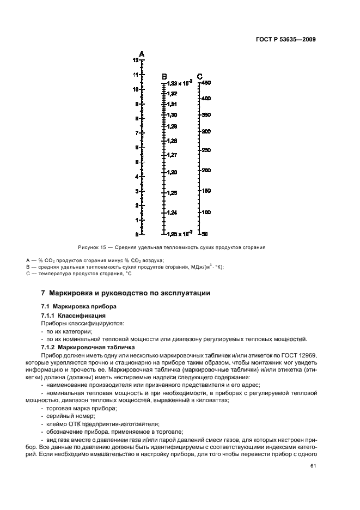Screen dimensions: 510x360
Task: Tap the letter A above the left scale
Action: coord(142,54)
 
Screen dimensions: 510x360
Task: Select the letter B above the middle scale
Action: coord(164,76)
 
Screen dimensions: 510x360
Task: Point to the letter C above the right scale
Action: coord(199,76)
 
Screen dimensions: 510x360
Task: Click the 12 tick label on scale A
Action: coord(135,60)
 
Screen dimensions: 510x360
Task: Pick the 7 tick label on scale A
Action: coord(136,133)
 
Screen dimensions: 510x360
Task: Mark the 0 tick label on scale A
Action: coord(136,234)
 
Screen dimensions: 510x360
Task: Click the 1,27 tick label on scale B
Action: coord(172,155)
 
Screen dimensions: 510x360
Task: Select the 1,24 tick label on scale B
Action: coord(172,212)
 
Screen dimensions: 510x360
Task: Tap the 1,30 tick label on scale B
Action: coord(172,115)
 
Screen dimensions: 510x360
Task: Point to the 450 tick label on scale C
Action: coord(206,83)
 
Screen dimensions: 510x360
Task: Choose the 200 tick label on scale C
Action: coord(206,170)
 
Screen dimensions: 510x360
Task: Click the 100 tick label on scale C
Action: coord(206,212)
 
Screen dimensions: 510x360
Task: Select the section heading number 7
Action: coord(45,293)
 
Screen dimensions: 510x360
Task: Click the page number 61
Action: coord(313,465)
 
